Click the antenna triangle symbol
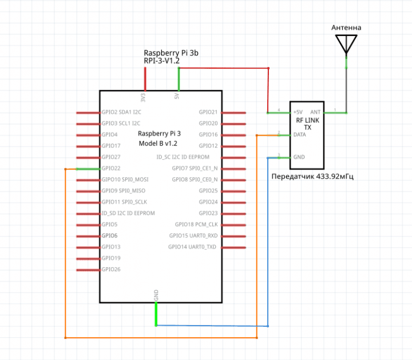pos(346,43)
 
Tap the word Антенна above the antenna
pos(346,27)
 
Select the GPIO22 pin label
pos(110,169)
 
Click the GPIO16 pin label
pos(208,135)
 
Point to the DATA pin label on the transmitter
pos(299,135)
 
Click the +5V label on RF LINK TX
pos(298,112)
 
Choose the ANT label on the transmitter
pos(315,112)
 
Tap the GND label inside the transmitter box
pos(299,157)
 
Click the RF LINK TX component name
pos(308,124)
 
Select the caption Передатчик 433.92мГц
pos(312,176)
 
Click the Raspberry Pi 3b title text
pos(171,52)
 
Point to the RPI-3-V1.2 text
pos(162,60)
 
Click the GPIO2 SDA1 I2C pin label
pos(121,112)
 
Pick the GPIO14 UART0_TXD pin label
pos(192,247)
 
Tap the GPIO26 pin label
pos(110,270)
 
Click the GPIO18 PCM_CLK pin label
pos(196,225)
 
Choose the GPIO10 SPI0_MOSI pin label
pos(125,180)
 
